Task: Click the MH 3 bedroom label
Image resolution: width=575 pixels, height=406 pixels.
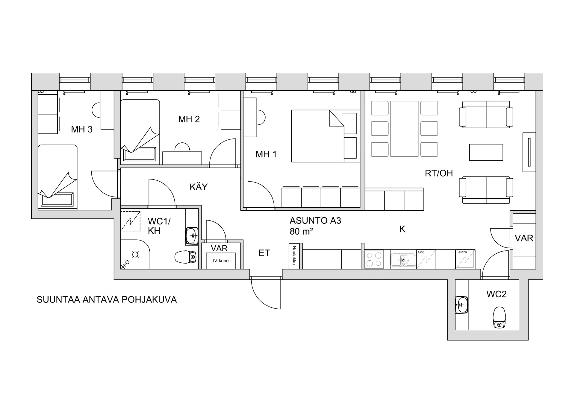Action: pyautogui.click(x=81, y=129)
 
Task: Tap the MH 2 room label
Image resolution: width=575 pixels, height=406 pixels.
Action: pyautogui.click(x=189, y=119)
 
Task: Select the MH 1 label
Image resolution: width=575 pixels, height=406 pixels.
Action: pyautogui.click(x=266, y=154)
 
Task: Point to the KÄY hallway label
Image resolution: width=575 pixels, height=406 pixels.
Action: pyautogui.click(x=199, y=187)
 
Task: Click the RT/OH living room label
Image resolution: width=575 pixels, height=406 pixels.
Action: pyautogui.click(x=439, y=173)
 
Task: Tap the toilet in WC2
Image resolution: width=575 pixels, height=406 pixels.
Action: pyautogui.click(x=499, y=317)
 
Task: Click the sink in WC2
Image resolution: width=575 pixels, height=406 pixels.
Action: pyautogui.click(x=461, y=305)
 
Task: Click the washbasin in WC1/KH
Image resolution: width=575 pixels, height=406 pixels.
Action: pyautogui.click(x=192, y=236)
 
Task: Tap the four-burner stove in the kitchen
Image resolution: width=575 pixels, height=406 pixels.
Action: pyautogui.click(x=374, y=259)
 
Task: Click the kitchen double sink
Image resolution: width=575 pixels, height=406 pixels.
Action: pyautogui.click(x=403, y=260)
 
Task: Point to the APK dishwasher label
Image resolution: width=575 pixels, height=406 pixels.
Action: pyautogui.click(x=421, y=252)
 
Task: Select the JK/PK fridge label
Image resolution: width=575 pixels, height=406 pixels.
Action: pyautogui.click(x=462, y=252)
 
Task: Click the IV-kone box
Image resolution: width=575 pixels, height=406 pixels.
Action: pyautogui.click(x=221, y=261)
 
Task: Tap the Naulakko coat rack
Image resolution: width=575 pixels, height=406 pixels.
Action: pyautogui.click(x=294, y=256)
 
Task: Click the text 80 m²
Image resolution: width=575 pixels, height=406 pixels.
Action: pyautogui.click(x=301, y=231)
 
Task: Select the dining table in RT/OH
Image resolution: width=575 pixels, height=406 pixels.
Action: pyautogui.click(x=404, y=129)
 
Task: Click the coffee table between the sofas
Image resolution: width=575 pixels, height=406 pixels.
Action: pyautogui.click(x=486, y=152)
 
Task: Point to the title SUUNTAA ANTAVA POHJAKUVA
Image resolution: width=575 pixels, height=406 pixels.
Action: pyautogui.click(x=107, y=299)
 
